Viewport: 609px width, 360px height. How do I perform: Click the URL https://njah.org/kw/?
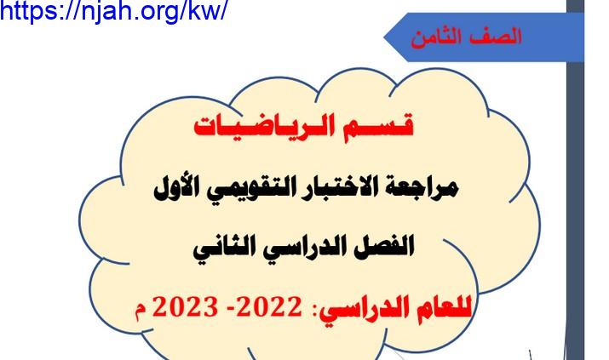coord(113,11)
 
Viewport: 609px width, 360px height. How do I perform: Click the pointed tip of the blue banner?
coord(384,37)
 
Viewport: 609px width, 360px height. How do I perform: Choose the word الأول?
coord(175,188)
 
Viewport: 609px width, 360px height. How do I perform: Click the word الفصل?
coord(384,246)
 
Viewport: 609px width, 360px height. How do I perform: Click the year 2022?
coord(268,307)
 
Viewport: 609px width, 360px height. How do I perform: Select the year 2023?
coord(185,307)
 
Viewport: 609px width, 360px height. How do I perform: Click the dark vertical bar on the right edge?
coord(575,180)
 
